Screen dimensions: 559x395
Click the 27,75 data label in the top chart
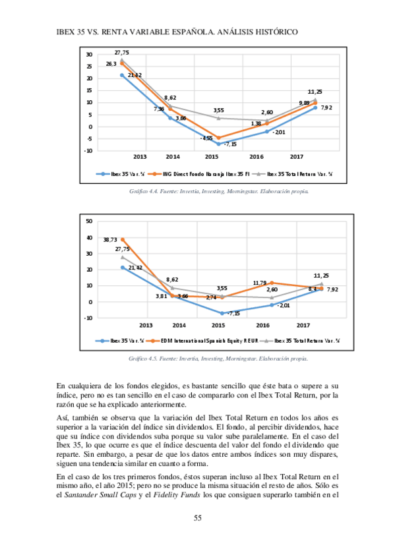[121, 52]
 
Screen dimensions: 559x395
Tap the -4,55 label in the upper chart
[206, 138]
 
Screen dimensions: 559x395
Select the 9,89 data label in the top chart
[304, 103]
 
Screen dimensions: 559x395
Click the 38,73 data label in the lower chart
[110, 240]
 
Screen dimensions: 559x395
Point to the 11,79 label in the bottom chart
[259, 283]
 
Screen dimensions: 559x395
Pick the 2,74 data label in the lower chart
[211, 297]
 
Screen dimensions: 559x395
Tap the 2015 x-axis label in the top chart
[212, 158]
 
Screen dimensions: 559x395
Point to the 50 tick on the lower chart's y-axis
[88, 221]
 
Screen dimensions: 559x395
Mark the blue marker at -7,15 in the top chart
[219, 144]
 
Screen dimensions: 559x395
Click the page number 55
[197, 519]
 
